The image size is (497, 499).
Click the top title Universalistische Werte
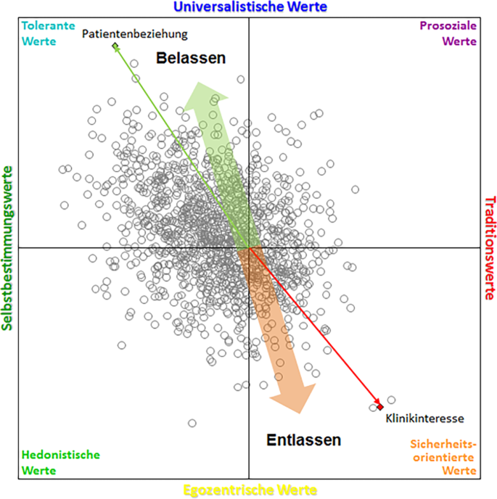248,7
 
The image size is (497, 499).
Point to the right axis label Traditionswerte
489,248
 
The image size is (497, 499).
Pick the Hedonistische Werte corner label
61,462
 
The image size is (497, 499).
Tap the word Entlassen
303,440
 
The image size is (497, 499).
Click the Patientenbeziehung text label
134,34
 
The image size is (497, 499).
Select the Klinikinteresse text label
424,418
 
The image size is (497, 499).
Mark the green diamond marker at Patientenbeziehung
115,47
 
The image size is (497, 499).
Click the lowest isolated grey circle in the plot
192,423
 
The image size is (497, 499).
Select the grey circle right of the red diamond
391,400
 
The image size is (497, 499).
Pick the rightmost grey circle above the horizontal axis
356,190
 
